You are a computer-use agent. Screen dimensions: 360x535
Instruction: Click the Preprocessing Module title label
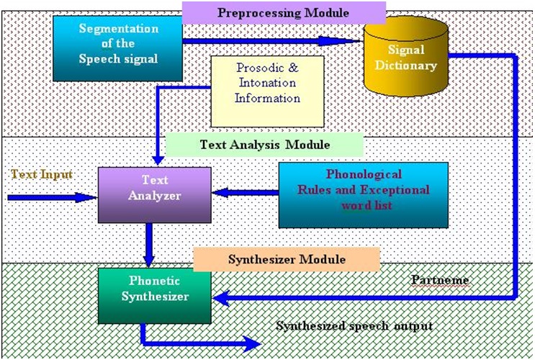284,12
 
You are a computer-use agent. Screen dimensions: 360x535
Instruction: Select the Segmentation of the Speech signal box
119,43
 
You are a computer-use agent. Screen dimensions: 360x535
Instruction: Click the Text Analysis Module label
264,145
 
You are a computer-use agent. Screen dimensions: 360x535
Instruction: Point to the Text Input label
42,174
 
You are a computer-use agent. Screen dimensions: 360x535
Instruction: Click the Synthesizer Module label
286,258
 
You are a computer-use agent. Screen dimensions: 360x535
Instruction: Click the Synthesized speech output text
354,326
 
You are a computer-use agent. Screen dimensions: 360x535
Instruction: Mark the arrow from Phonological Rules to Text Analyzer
245,192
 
